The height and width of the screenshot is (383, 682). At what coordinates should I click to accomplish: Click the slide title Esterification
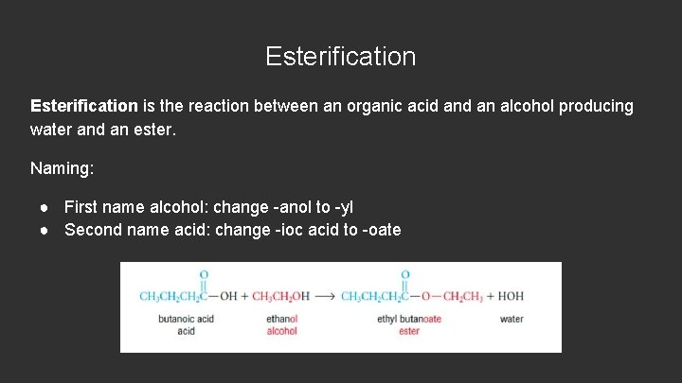[x=340, y=57]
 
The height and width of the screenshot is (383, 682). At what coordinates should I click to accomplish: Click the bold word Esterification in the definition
[x=84, y=106]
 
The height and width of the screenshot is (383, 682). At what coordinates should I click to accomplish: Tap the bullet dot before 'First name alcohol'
[x=45, y=206]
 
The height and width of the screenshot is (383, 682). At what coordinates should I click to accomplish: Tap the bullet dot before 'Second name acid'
[x=45, y=230]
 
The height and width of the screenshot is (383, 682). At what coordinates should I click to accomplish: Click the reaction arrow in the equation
[x=325, y=296]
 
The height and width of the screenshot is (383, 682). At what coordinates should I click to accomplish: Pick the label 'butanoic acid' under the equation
[x=186, y=319]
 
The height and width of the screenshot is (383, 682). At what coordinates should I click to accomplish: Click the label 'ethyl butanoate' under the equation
[x=409, y=319]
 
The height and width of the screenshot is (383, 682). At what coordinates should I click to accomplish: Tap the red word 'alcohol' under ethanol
[x=281, y=331]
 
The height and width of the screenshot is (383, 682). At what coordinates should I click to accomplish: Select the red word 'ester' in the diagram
[x=409, y=331]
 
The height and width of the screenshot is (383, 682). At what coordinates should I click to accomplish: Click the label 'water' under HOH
[x=511, y=319]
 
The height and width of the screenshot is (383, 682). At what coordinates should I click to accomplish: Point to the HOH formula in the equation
[x=511, y=296]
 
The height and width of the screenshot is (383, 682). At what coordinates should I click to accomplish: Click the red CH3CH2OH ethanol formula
[x=280, y=296]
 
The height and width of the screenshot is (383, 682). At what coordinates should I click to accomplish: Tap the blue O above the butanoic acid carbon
[x=204, y=275]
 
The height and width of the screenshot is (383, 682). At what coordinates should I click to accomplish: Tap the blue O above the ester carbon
[x=404, y=275]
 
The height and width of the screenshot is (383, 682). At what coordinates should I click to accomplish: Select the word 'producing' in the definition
[x=596, y=106]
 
